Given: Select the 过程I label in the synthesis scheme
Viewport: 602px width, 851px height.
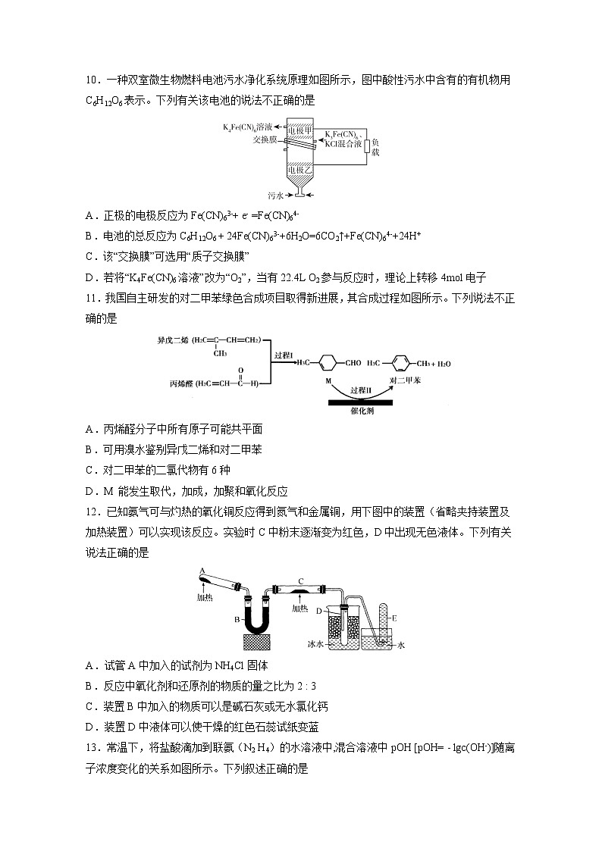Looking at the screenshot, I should (283, 354).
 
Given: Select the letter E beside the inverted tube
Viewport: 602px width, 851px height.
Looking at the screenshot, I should (394, 618).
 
